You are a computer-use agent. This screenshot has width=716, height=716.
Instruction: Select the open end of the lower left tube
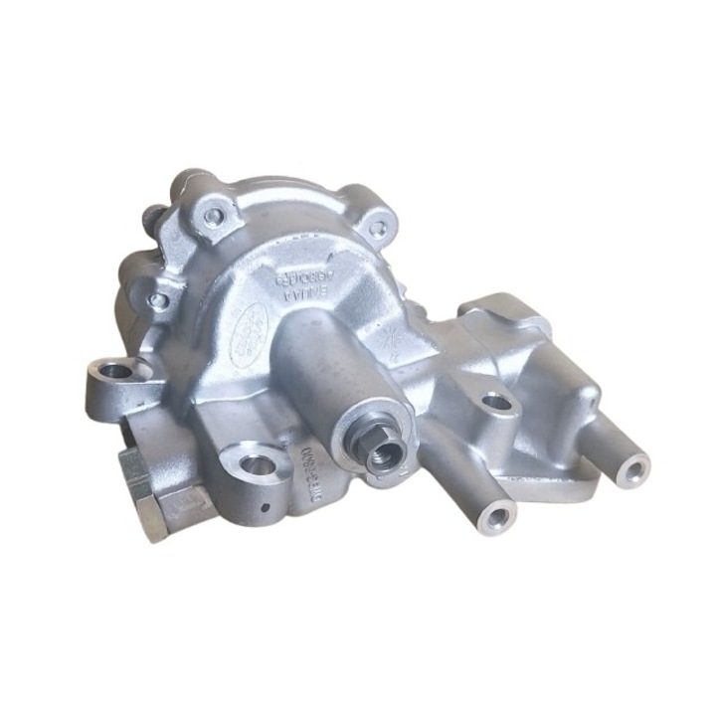point(495,516)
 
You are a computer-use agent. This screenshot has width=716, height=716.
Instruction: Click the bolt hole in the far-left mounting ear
point(116,370)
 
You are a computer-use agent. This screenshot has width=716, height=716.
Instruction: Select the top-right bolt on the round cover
point(376,228)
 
